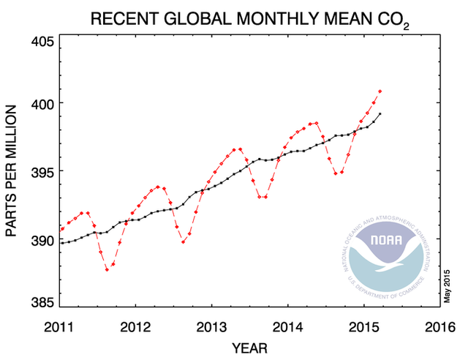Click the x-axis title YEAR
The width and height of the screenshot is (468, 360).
pyautogui.click(x=249, y=346)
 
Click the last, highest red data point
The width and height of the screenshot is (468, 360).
pyautogui.click(x=380, y=91)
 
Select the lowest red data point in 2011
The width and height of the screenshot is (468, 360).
pyautogui.click(x=107, y=270)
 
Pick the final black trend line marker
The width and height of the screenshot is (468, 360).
pyautogui.click(x=380, y=114)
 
